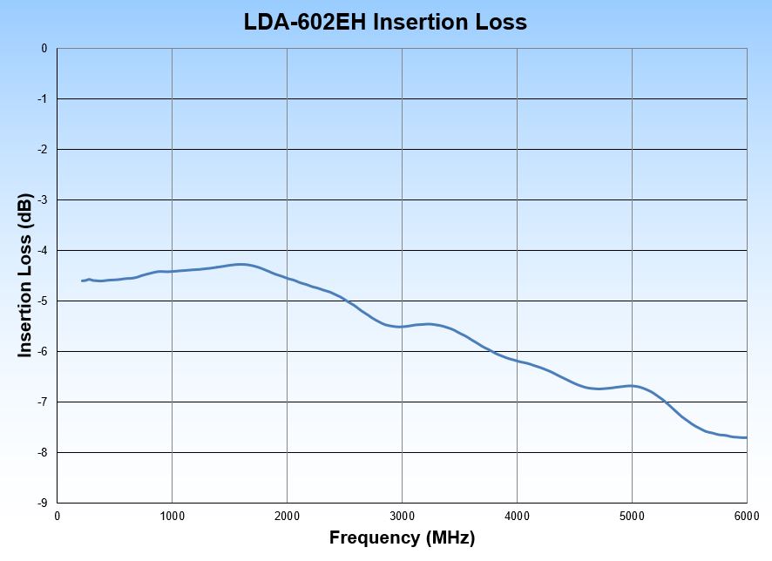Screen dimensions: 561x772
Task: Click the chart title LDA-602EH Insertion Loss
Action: pyautogui.click(x=385, y=22)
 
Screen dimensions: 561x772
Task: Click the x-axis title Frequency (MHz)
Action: pyautogui.click(x=402, y=538)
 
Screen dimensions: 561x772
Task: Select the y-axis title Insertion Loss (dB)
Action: pyautogui.click(x=25, y=275)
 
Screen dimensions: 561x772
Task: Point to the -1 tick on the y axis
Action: pyautogui.click(x=43, y=99)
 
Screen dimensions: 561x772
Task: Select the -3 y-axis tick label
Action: pyautogui.click(x=43, y=200)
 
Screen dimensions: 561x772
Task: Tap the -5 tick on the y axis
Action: pyautogui.click(x=43, y=301)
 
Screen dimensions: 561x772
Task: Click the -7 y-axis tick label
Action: pyautogui.click(x=43, y=402)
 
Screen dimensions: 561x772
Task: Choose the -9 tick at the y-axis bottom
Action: pyautogui.click(x=43, y=503)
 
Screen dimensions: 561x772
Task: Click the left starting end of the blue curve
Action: pyautogui.click(x=82, y=280)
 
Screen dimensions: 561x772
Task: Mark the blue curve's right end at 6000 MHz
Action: pyautogui.click(x=746, y=437)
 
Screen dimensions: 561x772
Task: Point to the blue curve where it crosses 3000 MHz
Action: pyautogui.click(x=402, y=327)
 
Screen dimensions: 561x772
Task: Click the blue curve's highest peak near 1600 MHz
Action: pyautogui.click(x=240, y=264)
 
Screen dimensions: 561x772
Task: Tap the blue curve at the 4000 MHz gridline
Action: pyautogui.click(x=517, y=360)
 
